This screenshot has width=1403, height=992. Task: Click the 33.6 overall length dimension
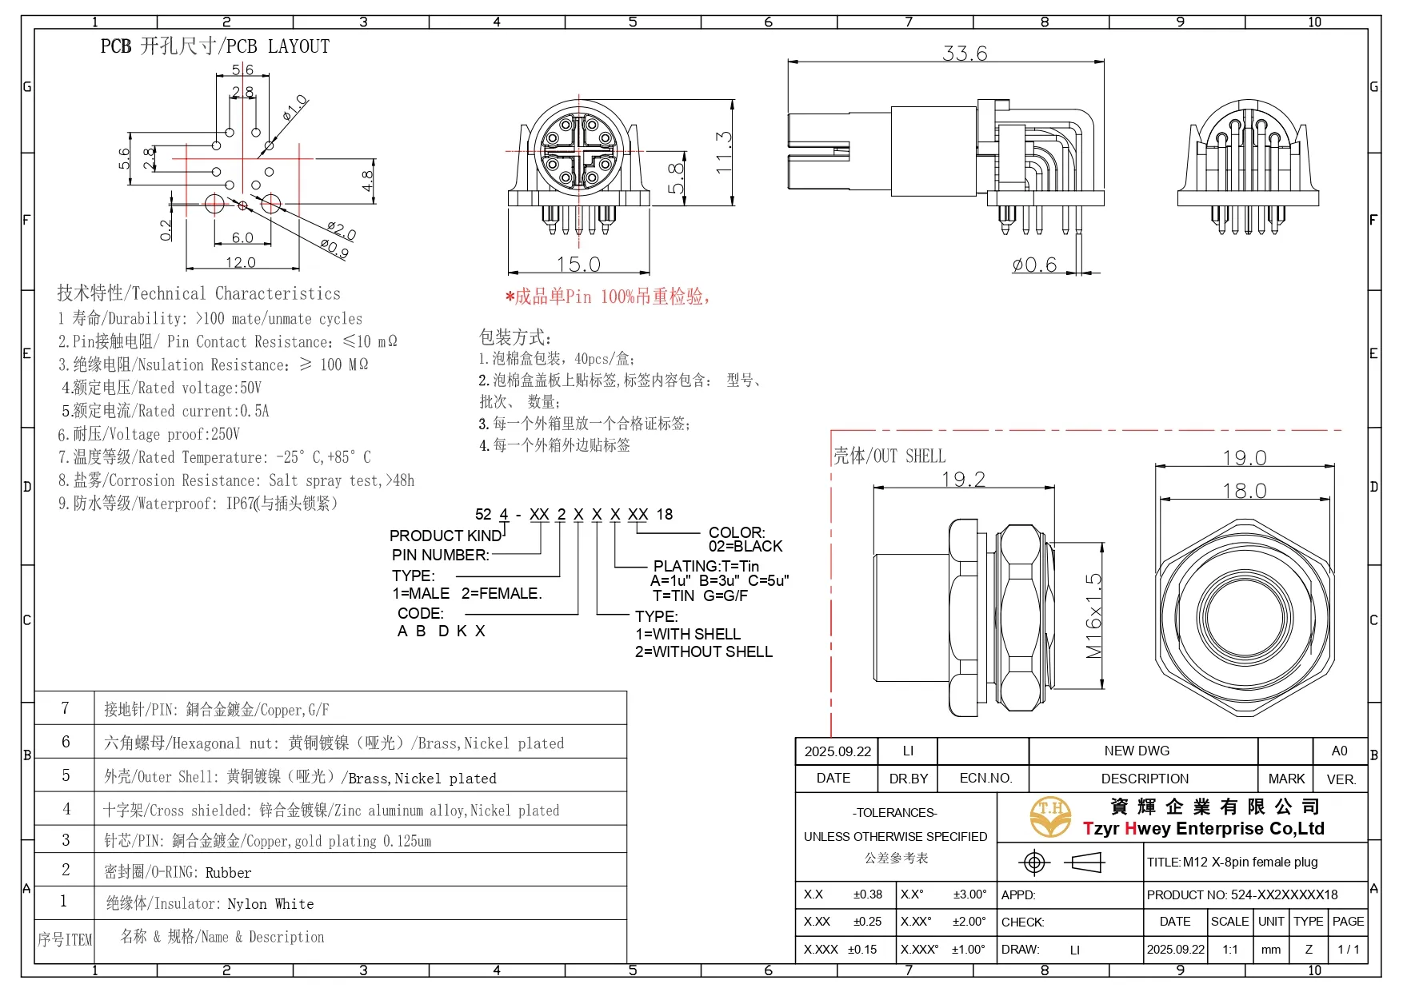[965, 54]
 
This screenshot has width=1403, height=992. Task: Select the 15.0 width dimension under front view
[578, 264]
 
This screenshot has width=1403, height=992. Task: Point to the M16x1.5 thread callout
[1093, 616]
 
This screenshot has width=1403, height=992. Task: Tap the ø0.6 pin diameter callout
[1034, 265]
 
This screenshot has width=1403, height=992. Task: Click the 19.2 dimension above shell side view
[963, 479]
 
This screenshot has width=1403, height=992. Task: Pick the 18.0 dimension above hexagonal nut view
[1244, 490]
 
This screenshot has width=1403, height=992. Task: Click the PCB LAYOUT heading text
[214, 46]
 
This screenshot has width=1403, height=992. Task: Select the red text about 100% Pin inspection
[608, 297]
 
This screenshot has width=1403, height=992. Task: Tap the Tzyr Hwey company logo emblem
[1049, 817]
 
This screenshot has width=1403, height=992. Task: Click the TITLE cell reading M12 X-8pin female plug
[1232, 862]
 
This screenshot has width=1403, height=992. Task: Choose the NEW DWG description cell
[1136, 751]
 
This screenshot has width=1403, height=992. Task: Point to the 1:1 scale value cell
[1229, 950]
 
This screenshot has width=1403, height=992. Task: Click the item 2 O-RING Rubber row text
[178, 872]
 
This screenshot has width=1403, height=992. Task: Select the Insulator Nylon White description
[210, 904]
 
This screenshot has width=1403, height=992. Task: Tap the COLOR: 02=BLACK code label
[744, 540]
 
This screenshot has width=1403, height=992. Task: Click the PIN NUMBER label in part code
[440, 555]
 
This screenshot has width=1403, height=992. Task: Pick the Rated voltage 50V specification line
[162, 388]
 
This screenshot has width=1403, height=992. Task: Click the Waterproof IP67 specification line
[198, 504]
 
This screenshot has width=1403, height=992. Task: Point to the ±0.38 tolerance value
[867, 894]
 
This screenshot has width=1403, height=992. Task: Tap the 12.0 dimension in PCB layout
[240, 262]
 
